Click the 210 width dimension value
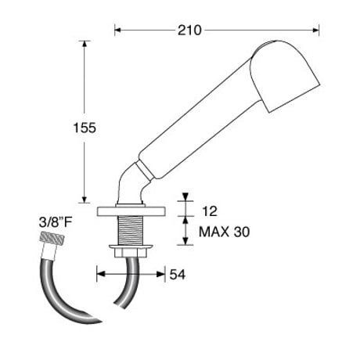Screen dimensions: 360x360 pos(189,31)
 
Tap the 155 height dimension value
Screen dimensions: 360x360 pos(85,128)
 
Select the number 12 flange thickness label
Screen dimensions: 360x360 pos(210,211)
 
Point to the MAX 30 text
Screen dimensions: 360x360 pos(224,232)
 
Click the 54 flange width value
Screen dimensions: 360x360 pos(178,275)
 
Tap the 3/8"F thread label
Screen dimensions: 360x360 pos(56,222)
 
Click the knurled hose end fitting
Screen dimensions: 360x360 pos(52,238)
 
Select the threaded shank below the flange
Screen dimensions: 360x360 pos(131,231)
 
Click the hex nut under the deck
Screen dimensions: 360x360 pos(131,253)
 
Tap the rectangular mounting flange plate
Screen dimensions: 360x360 pos(131,211)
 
